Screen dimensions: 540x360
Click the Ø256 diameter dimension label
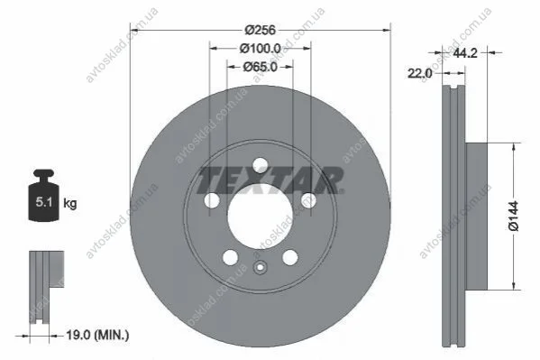(261, 30)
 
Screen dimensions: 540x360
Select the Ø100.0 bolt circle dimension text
(260, 49)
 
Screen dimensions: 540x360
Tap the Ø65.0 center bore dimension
(260, 67)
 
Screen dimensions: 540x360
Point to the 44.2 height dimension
(465, 52)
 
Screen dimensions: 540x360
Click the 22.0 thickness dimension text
(419, 73)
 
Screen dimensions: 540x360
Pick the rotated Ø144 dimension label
(513, 217)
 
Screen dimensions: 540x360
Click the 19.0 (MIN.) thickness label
(97, 335)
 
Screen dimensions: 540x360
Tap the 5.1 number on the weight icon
(44, 202)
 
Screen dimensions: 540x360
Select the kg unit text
(70, 203)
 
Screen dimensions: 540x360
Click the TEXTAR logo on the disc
(270, 180)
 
